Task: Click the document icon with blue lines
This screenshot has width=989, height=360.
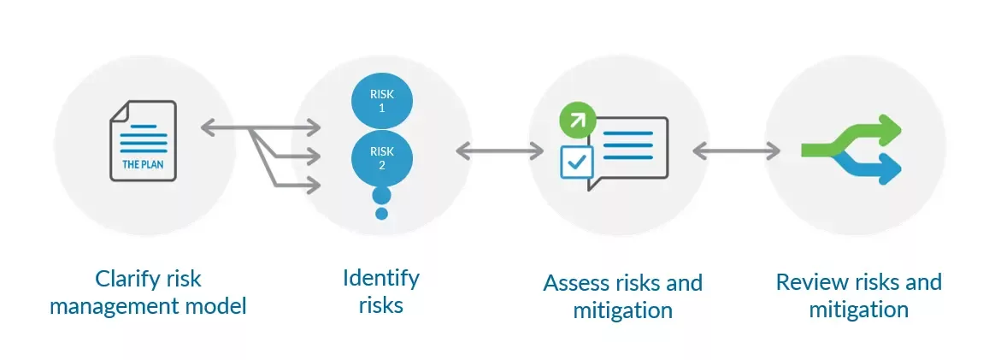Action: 143,140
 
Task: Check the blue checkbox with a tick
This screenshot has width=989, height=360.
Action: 576,161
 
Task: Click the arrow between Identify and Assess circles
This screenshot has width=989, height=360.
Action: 500,151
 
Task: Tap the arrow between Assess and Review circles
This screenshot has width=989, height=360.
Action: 736,151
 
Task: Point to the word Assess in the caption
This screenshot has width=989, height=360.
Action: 577,283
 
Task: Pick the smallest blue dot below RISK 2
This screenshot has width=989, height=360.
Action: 382,213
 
